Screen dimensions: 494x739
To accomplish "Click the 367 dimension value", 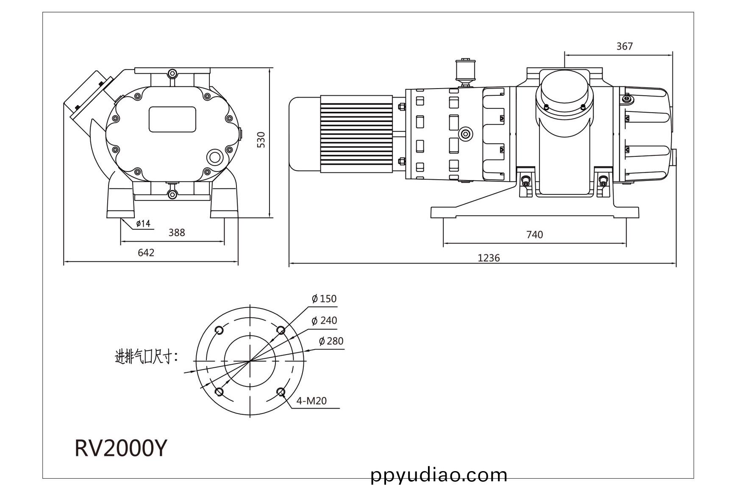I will click(x=624, y=46).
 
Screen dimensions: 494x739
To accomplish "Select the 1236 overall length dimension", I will click(x=489, y=258).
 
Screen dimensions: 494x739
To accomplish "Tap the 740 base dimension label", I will click(x=534, y=234).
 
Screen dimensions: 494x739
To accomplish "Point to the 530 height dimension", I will click(x=261, y=140).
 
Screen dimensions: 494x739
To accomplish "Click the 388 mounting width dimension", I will click(x=177, y=232).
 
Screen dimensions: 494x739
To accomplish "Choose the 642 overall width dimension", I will click(x=146, y=253).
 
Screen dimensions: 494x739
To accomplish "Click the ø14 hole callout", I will click(x=143, y=223).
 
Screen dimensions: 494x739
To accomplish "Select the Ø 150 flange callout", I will click(x=324, y=299).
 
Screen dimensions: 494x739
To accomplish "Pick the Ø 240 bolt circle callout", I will click(x=324, y=320).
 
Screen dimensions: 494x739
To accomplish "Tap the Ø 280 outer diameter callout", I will click(x=331, y=341).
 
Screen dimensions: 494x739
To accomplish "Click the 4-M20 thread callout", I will click(x=311, y=401).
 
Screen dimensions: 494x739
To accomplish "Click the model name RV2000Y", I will click(x=121, y=448).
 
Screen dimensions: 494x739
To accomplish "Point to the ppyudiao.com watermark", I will click(x=439, y=475).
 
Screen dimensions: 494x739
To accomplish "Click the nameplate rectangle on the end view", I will click(x=172, y=119).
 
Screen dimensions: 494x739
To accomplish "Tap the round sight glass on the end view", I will click(x=215, y=158).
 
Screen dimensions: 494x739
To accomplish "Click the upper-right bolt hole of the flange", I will click(x=281, y=330).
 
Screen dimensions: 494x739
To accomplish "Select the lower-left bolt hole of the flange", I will click(x=219, y=391).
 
